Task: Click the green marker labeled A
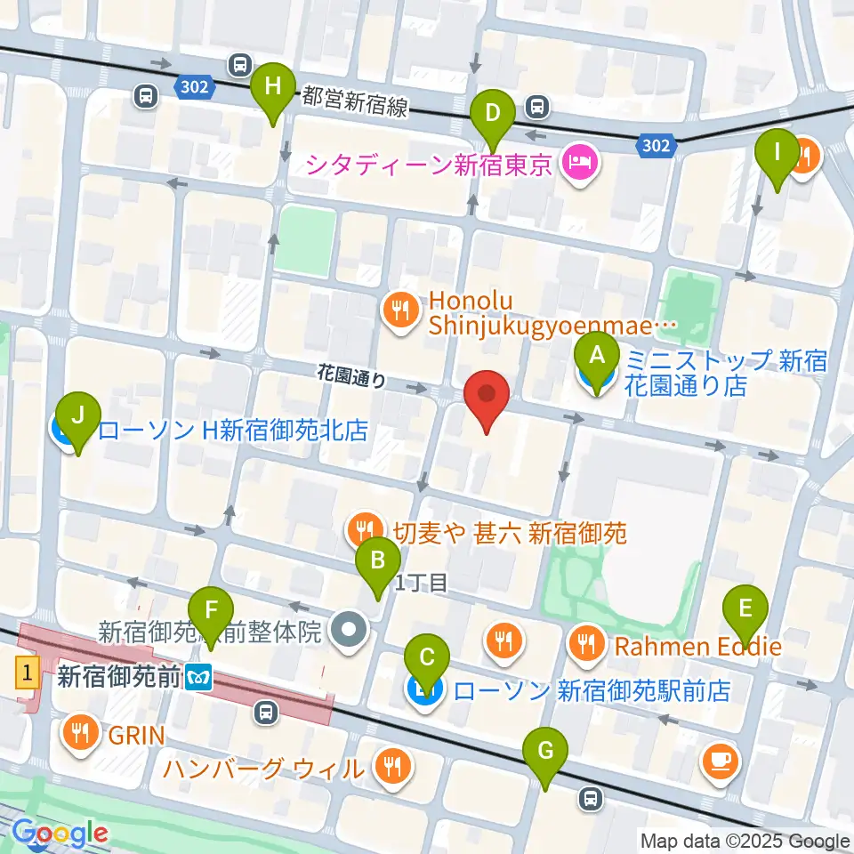coord(597,358)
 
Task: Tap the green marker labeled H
coord(273,87)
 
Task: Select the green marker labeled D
coord(494,114)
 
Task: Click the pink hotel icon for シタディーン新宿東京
coord(579,163)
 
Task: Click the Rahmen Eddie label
coord(694,645)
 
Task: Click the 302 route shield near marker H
coord(192,86)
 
